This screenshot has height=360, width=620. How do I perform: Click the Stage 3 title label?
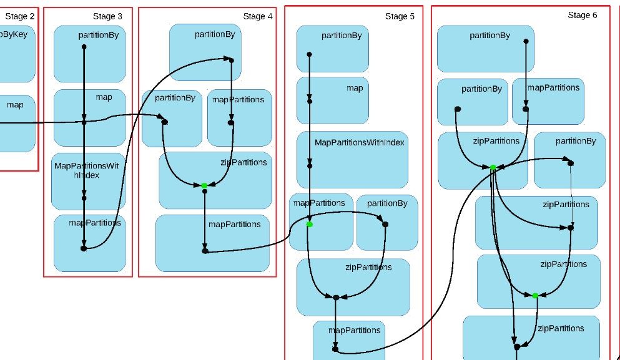[x=107, y=16]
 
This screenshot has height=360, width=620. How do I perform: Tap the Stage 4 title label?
[x=257, y=16]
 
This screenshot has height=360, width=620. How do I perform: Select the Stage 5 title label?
[x=400, y=16]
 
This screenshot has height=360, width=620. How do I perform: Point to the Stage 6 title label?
[x=582, y=15]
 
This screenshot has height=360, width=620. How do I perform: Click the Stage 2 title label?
[x=20, y=16]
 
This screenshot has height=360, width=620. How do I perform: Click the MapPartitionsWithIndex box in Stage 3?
[x=88, y=181]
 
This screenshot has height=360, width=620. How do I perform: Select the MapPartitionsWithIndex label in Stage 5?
[x=359, y=143]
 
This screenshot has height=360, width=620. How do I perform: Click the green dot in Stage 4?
[x=204, y=185]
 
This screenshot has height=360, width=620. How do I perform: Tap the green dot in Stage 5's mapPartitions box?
[x=310, y=224]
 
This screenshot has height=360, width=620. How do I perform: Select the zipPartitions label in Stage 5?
[x=368, y=267]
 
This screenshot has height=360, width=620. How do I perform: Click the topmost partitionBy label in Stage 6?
[x=490, y=36]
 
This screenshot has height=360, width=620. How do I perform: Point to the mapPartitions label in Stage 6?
[x=553, y=87]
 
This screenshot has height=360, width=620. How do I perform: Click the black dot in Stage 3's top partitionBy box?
[x=84, y=47]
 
